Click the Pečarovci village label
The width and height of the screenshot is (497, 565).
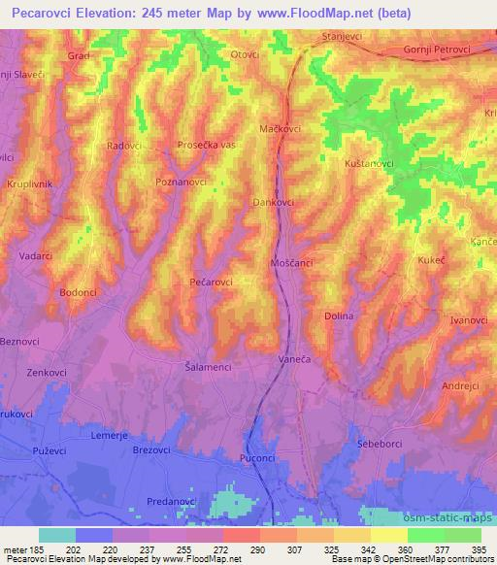(x=211, y=282)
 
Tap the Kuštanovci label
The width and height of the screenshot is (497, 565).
(x=370, y=164)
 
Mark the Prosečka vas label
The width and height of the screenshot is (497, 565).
(x=207, y=145)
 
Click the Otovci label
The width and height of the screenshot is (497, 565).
(x=245, y=54)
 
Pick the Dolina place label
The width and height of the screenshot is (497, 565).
(x=339, y=316)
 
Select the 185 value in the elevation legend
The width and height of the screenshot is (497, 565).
(x=41, y=549)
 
